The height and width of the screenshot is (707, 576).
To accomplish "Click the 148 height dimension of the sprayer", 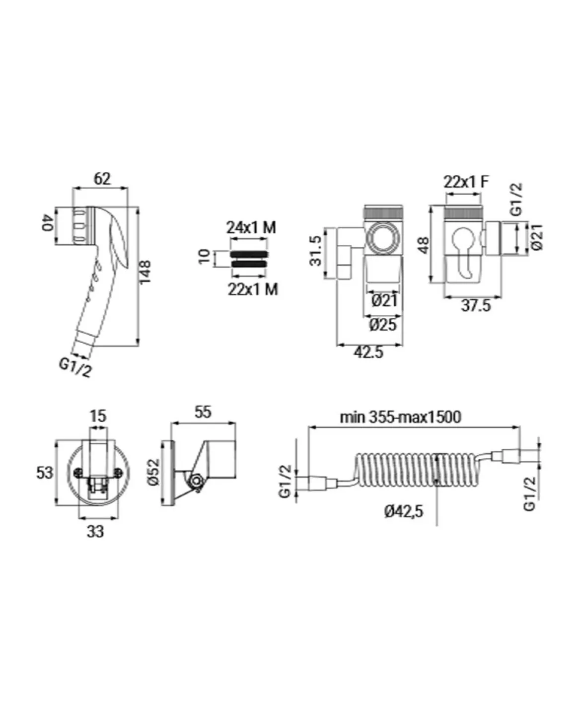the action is pos(145,272).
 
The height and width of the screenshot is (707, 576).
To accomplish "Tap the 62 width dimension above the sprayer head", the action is pos(102,179).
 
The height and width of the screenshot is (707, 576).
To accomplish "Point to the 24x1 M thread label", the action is pos(251,227).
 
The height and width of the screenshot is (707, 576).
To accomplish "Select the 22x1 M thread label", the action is pos(253,289).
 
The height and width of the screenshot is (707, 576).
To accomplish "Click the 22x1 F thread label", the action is pos(466,182).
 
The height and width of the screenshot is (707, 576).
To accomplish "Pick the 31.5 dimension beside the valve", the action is pos(315,251).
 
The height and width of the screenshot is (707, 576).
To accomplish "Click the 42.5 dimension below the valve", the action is pos(368,352).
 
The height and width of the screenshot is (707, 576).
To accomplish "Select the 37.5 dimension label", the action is pos(476,305).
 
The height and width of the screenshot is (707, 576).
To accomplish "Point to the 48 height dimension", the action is pos(424,246).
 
